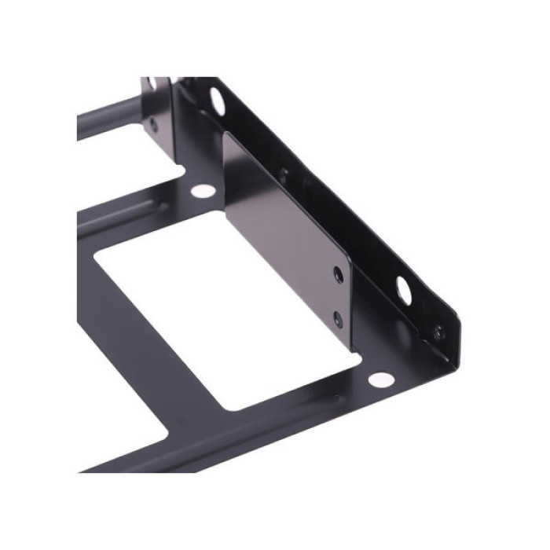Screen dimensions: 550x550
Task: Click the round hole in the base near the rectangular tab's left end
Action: (x=202, y=190)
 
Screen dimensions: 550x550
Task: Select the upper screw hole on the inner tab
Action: (x=338, y=274)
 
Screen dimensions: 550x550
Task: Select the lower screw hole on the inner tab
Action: (x=338, y=318)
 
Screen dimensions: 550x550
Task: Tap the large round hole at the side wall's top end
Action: (x=216, y=99)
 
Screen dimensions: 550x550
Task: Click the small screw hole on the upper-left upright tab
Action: (x=152, y=123)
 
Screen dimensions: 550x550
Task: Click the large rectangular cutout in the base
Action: (x=228, y=314)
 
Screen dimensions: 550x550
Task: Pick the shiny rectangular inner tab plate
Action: (x=283, y=236)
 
